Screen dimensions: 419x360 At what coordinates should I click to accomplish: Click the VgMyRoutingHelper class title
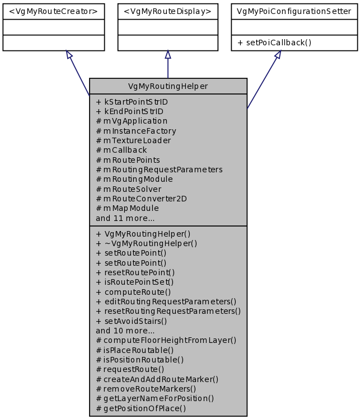pyautogui.click(x=168, y=86)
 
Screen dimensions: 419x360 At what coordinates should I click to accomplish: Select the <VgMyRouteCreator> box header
pyautogui.click(x=54, y=11)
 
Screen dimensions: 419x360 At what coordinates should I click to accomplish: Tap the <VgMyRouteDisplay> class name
pyautogui.click(x=168, y=11)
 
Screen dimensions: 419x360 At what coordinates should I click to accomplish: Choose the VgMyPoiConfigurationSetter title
pyautogui.click(x=294, y=11)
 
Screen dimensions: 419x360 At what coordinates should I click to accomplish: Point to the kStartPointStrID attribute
pyautogui.click(x=132, y=102)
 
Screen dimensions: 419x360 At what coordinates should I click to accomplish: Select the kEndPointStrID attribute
pyautogui.click(x=130, y=111)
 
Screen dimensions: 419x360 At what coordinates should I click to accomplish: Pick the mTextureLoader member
pyautogui.click(x=134, y=140)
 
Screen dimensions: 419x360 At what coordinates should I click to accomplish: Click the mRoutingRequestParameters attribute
pyautogui.click(x=160, y=170)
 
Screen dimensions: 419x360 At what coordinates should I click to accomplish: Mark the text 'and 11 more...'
pyautogui.click(x=125, y=218)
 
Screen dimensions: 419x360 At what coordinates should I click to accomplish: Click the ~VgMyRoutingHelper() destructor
pyautogui.click(x=147, y=243)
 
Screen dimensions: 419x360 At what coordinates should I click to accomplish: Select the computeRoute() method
pyautogui.click(x=134, y=291)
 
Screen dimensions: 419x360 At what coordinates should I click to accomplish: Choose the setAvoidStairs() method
pyautogui.click(x=132, y=321)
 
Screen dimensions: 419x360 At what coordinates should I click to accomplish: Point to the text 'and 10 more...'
pyautogui.click(x=125, y=330)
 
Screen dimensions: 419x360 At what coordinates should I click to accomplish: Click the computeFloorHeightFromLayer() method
pyautogui.click(x=166, y=340)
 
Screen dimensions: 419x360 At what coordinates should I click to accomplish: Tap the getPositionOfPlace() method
pyautogui.click(x=141, y=408)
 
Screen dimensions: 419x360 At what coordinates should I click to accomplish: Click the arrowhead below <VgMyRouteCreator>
pyautogui.click(x=69, y=55)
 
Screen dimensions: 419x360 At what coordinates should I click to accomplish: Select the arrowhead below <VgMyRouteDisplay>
pyautogui.click(x=168, y=55)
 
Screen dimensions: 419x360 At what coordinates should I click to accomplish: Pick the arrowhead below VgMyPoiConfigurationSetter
pyautogui.click(x=277, y=55)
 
